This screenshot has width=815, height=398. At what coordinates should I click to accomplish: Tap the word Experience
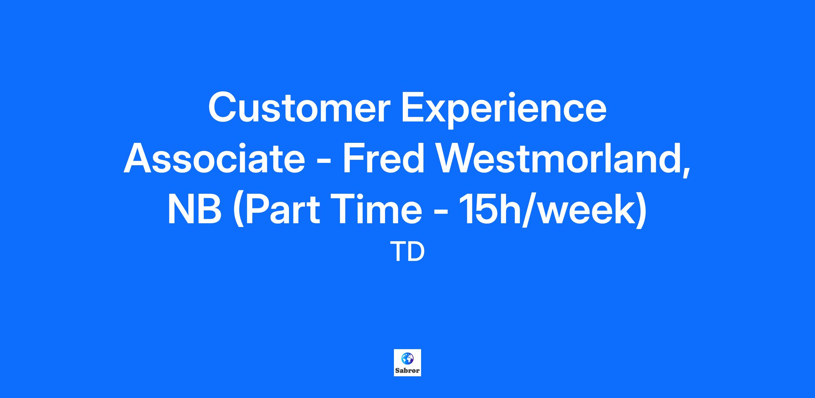(x=504, y=110)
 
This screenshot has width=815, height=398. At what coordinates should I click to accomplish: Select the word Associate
(x=214, y=158)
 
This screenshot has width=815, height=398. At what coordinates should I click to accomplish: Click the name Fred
(x=384, y=158)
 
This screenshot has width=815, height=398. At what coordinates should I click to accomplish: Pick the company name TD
(x=409, y=252)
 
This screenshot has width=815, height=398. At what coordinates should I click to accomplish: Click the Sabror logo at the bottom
(x=407, y=363)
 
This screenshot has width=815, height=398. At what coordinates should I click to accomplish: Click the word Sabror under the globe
(x=407, y=371)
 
